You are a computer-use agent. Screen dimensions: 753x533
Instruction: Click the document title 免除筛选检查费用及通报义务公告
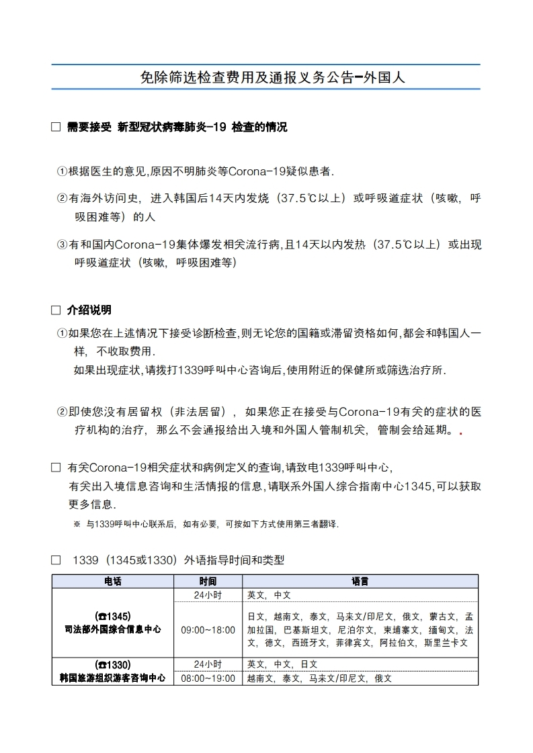tap(272, 77)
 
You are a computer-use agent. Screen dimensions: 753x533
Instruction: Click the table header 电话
tap(112, 582)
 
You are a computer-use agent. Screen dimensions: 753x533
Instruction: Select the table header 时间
tap(208, 582)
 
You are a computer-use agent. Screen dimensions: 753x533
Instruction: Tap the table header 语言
tap(360, 582)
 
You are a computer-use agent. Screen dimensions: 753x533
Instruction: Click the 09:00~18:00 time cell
tap(208, 629)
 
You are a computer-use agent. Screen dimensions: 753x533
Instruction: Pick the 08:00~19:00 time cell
tap(208, 678)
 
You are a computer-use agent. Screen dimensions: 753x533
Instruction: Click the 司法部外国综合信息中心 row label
tap(112, 629)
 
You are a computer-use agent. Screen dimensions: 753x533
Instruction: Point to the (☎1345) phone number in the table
tap(112, 616)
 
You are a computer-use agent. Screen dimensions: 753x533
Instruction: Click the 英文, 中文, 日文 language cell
tap(282, 664)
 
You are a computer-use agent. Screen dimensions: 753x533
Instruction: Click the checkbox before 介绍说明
tap(56, 310)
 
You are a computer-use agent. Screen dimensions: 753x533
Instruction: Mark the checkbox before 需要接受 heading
tap(56, 128)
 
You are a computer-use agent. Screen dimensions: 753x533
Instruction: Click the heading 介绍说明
tap(89, 310)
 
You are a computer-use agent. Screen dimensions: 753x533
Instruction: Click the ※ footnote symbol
tap(77, 524)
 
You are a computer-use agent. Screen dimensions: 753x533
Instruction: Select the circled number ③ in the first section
tap(62, 245)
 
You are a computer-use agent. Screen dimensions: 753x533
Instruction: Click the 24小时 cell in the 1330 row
tap(208, 664)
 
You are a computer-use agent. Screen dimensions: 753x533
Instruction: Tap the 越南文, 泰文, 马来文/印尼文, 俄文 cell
tap(319, 678)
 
